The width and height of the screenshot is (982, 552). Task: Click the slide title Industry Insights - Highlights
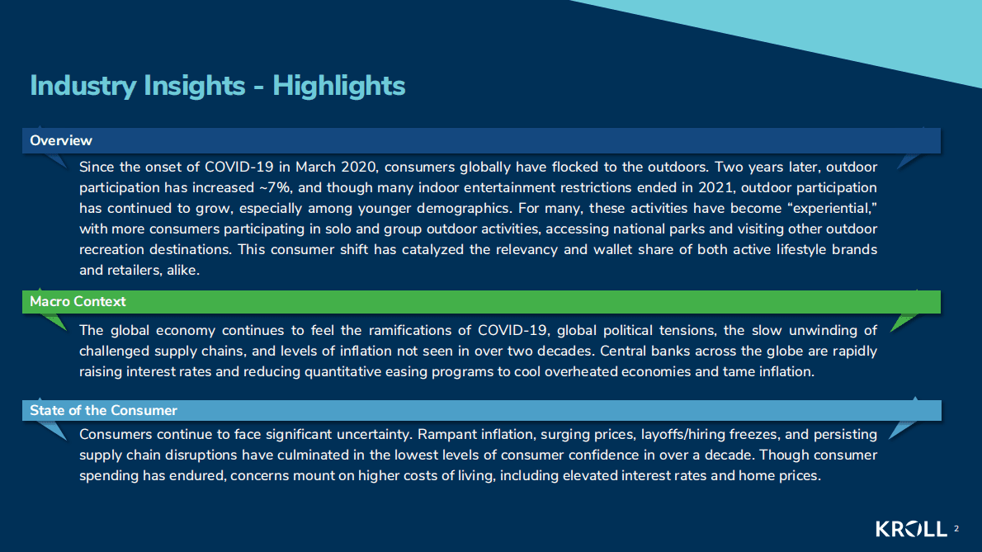pyautogui.click(x=217, y=87)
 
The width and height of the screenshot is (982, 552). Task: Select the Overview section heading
pyautogui.click(x=61, y=141)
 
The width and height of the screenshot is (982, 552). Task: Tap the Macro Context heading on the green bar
pyautogui.click(x=78, y=302)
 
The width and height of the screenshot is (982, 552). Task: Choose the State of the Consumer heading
pyautogui.click(x=103, y=411)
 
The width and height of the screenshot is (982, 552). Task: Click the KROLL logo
pyautogui.click(x=911, y=529)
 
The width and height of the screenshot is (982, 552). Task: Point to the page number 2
pyautogui.click(x=956, y=529)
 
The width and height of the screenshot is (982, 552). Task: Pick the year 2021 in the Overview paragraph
pyautogui.click(x=715, y=188)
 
